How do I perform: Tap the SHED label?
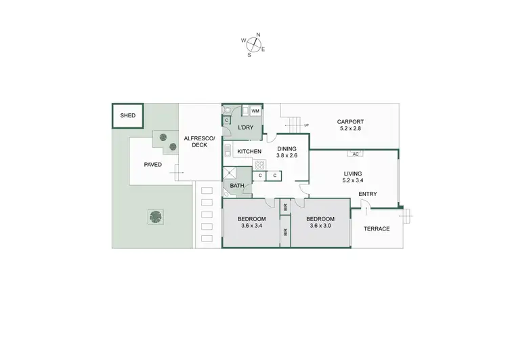pyautogui.click(x=127, y=116)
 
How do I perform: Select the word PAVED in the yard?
pyautogui.click(x=153, y=164)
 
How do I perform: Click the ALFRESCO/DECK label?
pyautogui.click(x=199, y=142)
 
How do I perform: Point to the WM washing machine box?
pyautogui.click(x=255, y=111)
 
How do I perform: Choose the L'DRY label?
pyautogui.click(x=245, y=127)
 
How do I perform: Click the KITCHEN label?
pyautogui.click(x=249, y=151)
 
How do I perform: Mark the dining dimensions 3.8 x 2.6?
pyautogui.click(x=287, y=155)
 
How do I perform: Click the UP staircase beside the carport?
pyautogui.click(x=293, y=125)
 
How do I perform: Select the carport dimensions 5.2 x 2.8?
pyautogui.click(x=350, y=128)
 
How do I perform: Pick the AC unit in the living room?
pyautogui.click(x=355, y=153)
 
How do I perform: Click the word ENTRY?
pyautogui.click(x=368, y=195)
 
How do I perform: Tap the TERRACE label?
pyautogui.click(x=376, y=228)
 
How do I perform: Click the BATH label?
pyautogui.click(x=237, y=185)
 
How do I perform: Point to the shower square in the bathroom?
pyautogui.click(x=230, y=174)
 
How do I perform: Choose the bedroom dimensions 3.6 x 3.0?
pyautogui.click(x=320, y=226)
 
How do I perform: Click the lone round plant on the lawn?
pyautogui.click(x=156, y=217)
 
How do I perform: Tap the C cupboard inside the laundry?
pyautogui.click(x=227, y=121)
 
